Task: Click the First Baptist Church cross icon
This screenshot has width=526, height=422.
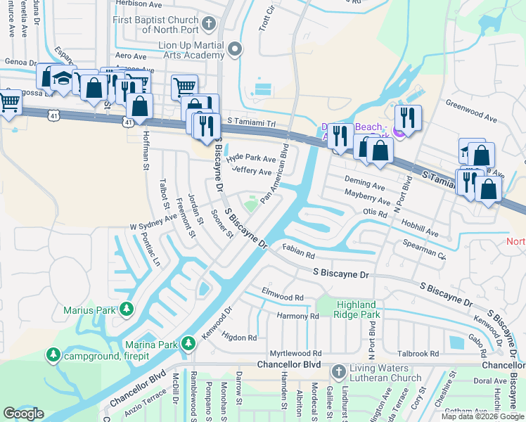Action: point(207,25)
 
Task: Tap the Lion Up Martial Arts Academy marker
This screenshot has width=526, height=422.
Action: point(236,49)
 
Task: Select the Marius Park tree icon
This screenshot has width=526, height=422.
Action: point(127,308)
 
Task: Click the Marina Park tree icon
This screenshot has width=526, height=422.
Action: point(188,343)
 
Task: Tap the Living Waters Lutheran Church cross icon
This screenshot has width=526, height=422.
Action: point(338,371)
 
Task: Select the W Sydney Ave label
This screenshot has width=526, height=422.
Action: point(153,223)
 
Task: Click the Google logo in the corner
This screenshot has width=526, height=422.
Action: point(23,414)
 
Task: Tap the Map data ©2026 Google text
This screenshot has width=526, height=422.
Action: point(482,416)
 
